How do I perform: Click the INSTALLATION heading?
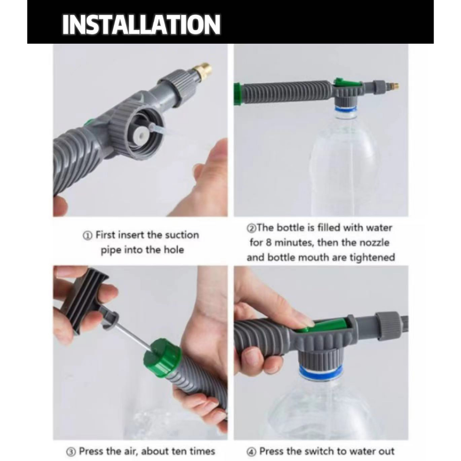point(141,25)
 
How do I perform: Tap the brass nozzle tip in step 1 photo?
point(202,72)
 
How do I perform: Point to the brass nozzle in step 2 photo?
point(393,86)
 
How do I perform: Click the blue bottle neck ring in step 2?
point(346,110)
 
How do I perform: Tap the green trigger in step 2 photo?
point(347,83)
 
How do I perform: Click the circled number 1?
point(87,235)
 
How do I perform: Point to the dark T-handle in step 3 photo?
point(84,297)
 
